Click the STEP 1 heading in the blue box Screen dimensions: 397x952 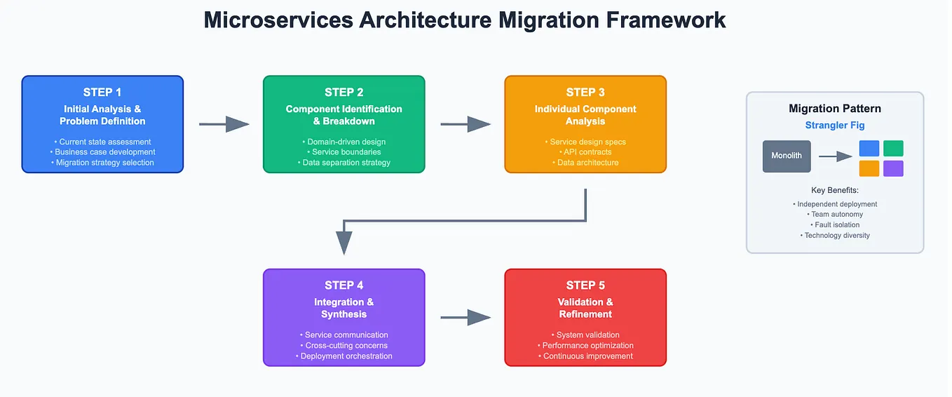tap(102, 92)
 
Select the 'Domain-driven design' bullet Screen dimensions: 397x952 tap(344, 142)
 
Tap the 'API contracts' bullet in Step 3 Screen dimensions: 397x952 tap(585, 152)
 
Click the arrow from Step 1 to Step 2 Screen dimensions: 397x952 tap(224, 124)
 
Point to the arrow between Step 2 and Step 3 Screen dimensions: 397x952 tap(465, 124)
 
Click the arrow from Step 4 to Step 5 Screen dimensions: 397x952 tap(465, 317)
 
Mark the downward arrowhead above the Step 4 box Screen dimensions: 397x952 tap(344, 242)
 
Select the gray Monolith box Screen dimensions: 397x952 tap(787, 156)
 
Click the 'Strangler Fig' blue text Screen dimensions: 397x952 tap(834, 126)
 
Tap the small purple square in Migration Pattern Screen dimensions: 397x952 tap(893, 168)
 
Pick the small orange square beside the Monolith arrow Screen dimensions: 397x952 tap(869, 168)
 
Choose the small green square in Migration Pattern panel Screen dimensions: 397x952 tap(893, 148)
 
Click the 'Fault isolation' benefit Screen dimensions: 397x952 tap(834, 225)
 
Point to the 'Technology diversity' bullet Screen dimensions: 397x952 tap(834, 236)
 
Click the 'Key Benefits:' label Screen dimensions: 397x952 tap(834, 190)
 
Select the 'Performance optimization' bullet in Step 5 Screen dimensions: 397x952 tap(585, 346)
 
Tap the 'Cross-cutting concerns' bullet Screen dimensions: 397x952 tap(344, 346)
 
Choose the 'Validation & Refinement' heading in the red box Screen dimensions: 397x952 tap(585, 308)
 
